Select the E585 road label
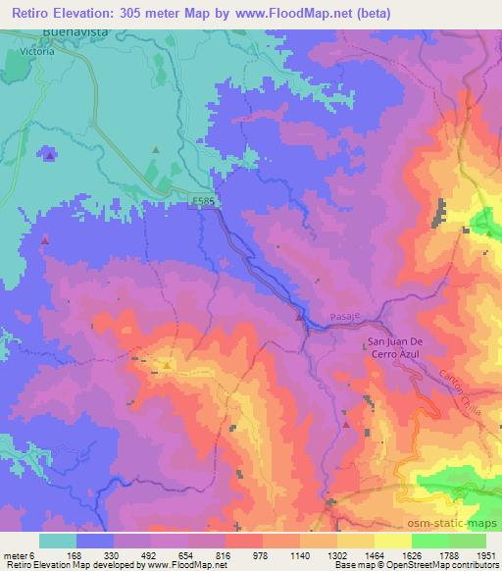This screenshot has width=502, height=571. click(x=201, y=201)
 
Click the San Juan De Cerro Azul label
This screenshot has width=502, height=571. click(x=396, y=347)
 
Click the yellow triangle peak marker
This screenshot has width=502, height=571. click(x=167, y=367)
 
